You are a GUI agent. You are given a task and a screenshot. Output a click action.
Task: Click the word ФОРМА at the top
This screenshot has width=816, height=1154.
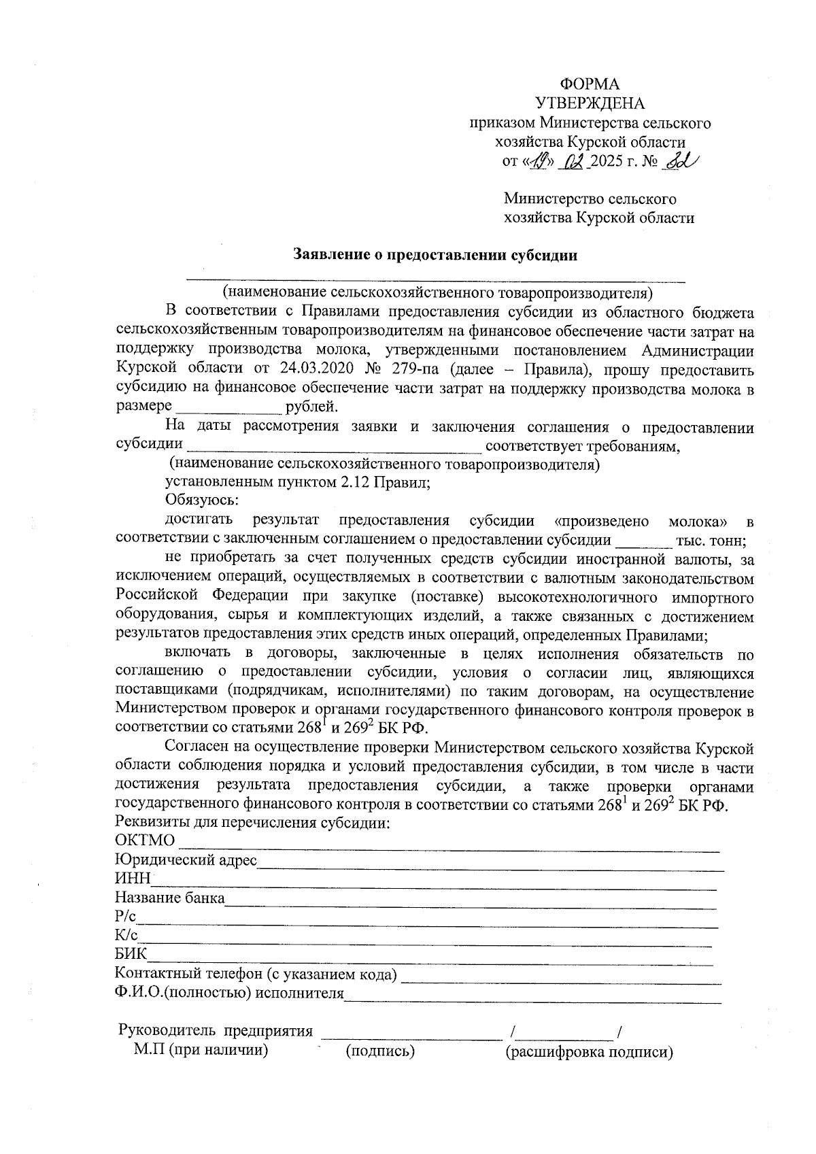(589, 84)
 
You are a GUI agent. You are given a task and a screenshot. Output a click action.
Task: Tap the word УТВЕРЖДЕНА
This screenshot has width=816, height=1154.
(590, 103)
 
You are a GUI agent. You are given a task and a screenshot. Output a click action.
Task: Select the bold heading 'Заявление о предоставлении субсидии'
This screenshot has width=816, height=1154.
(435, 256)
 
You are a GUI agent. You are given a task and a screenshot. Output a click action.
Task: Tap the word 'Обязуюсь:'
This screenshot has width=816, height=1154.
(202, 500)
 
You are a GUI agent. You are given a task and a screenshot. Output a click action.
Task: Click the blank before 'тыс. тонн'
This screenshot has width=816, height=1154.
(642, 542)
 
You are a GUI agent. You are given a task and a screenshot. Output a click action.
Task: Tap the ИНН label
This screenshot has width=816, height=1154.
(133, 879)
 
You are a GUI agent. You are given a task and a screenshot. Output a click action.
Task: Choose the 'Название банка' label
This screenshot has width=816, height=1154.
(170, 898)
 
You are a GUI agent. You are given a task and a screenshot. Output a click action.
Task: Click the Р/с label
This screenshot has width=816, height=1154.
(126, 917)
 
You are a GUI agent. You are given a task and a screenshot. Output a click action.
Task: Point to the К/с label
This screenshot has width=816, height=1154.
(126, 936)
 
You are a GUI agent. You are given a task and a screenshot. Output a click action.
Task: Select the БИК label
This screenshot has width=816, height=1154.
(131, 955)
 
